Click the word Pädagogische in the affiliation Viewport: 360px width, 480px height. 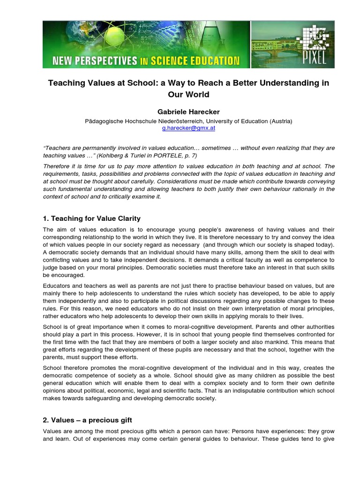point(103,121)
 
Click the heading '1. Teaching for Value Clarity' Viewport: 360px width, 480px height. point(91,218)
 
